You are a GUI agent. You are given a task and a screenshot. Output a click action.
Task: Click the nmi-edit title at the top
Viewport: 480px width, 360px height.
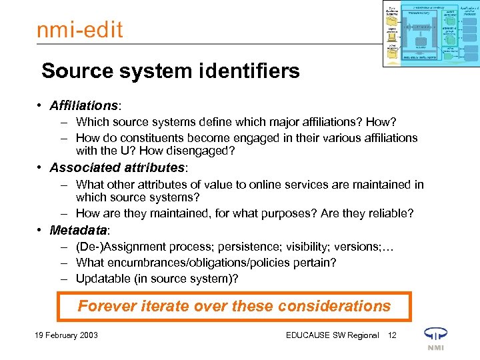point(79,31)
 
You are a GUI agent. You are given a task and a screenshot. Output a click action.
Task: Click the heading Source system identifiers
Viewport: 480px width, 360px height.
point(171,71)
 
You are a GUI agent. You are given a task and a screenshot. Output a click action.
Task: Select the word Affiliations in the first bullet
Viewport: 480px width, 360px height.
point(83,106)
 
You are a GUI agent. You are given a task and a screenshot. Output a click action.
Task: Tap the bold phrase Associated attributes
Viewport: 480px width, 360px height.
point(117,167)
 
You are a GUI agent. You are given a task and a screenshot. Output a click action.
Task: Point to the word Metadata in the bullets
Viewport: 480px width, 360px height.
point(78,230)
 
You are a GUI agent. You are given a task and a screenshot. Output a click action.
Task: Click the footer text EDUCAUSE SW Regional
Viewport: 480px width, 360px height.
point(332,335)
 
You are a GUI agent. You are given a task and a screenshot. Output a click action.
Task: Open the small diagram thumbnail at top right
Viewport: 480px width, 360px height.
point(431,33)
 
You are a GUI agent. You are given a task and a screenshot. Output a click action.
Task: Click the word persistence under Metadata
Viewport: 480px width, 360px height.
point(236,246)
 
